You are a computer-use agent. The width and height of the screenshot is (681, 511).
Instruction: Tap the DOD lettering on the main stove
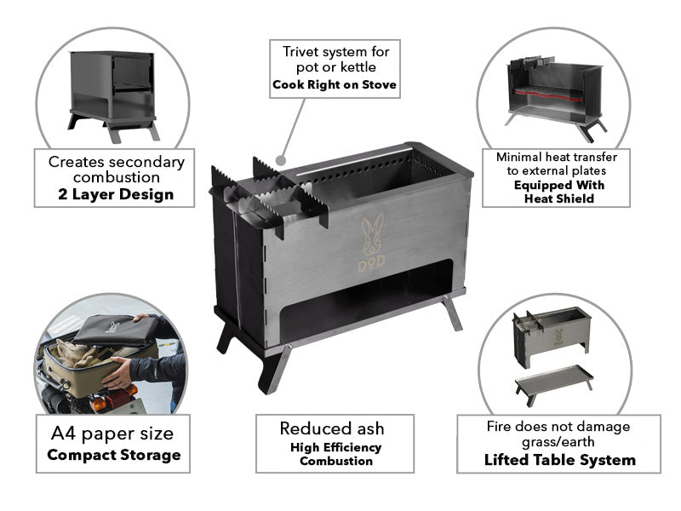371,263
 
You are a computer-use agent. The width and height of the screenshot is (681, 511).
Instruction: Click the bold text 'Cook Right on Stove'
335,84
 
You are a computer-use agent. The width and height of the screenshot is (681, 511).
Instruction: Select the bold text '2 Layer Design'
116,194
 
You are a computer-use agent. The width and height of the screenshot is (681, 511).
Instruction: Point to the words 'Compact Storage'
114,455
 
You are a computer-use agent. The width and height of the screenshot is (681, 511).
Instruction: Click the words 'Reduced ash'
332,428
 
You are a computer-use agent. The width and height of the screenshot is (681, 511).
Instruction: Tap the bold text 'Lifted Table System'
560,460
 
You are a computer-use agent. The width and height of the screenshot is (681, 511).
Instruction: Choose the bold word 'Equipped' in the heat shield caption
541,185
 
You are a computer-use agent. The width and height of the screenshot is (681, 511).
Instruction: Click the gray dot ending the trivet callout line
281,161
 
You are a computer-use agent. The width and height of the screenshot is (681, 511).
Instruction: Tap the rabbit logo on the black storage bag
113,326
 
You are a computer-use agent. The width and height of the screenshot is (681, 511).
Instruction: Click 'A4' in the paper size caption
63,433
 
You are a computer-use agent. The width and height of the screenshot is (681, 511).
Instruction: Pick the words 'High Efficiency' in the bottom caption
335,447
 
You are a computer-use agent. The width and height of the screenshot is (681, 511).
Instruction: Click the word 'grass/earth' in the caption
558,442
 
